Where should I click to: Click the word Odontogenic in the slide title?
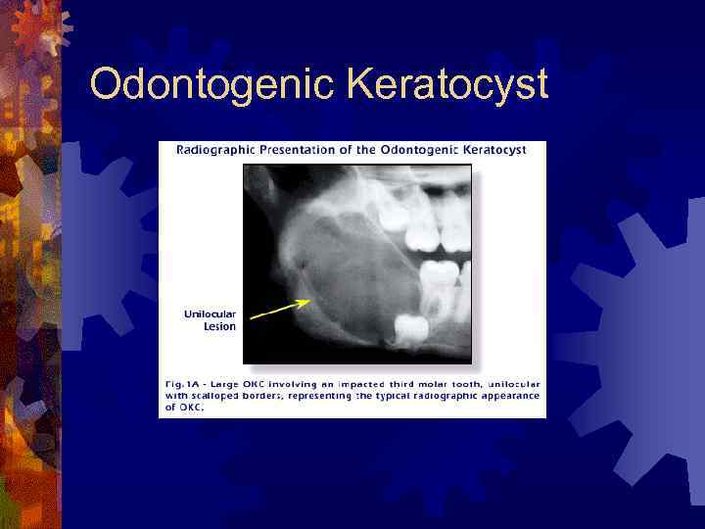(210, 85)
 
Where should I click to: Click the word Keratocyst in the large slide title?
(446, 85)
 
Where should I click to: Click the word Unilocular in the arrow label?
(210, 314)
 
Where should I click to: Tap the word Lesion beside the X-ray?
(219, 326)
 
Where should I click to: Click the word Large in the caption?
(236, 378)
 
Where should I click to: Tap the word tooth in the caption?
(473, 378)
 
